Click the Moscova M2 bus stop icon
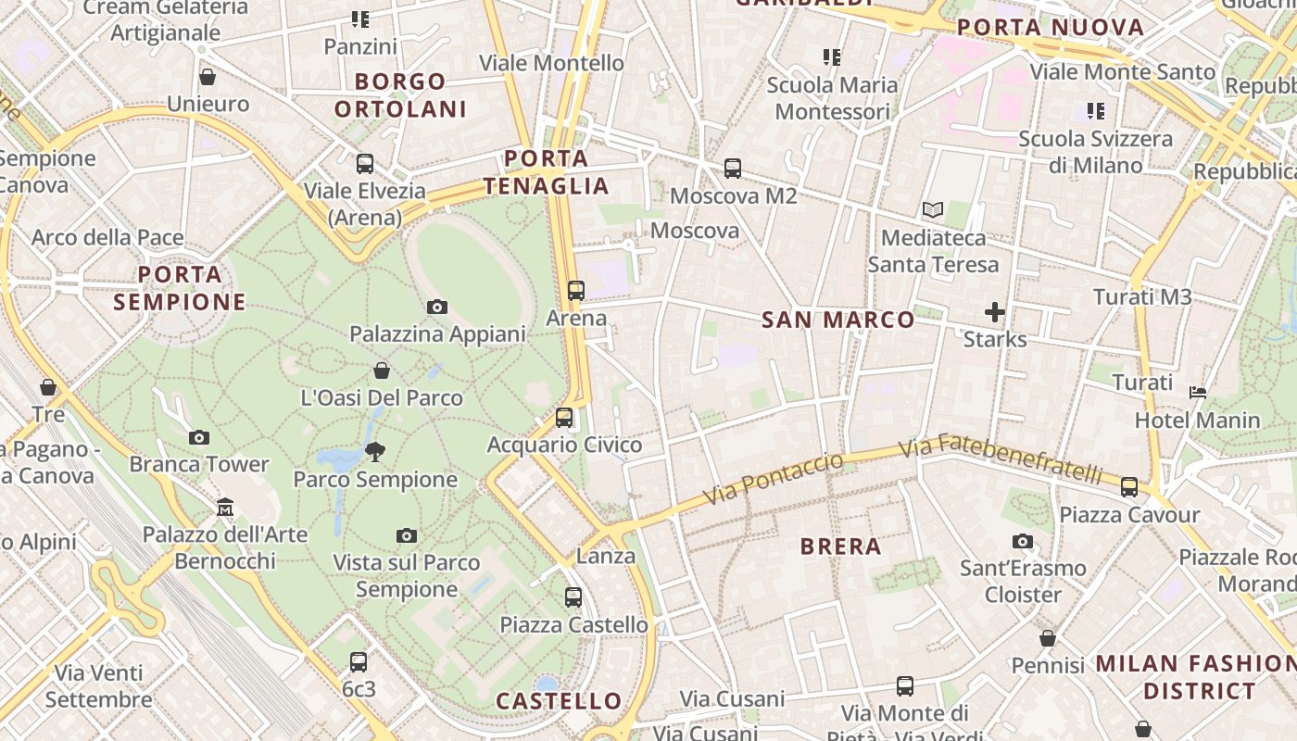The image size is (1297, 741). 733,169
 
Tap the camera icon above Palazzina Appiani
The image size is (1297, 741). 437,307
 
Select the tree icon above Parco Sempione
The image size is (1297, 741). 375,452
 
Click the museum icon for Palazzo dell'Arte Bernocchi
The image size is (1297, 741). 225,507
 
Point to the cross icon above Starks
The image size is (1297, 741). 995,312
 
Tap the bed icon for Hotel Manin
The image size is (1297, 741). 1198,393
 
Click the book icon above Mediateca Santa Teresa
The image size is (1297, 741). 933,210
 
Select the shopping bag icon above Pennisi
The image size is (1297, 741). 1048,638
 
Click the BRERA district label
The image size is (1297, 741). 841,546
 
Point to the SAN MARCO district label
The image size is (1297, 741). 838,320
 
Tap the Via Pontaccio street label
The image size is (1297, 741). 774,479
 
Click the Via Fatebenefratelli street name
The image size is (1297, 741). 1001,458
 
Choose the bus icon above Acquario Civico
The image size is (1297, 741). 564,418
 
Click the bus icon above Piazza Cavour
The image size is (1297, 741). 1129,487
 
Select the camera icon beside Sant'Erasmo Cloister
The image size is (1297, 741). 1023,541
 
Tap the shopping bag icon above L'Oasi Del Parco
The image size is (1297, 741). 382,371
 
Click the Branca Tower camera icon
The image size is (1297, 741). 199,437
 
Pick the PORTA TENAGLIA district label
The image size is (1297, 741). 546,172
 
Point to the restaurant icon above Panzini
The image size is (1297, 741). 360,19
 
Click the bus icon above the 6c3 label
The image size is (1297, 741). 359,662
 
